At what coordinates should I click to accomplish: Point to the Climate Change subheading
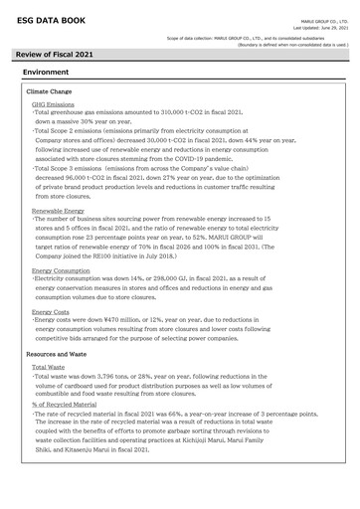pyautogui.click(x=50, y=90)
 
